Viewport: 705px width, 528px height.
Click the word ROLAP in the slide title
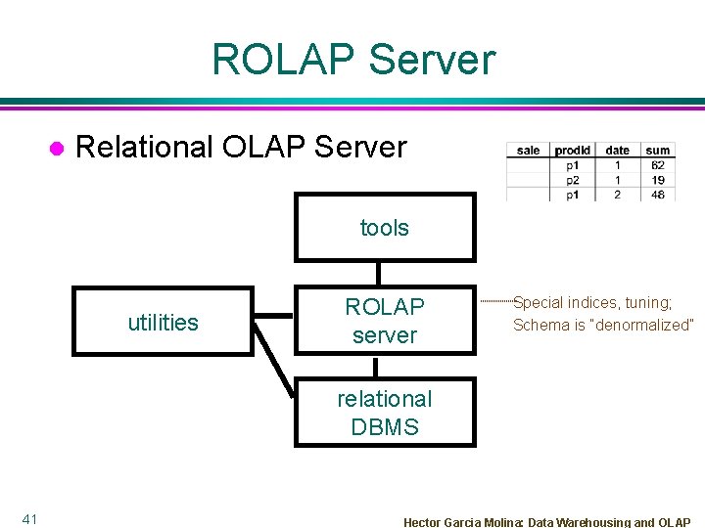point(281,60)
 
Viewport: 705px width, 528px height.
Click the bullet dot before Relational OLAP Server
point(57,148)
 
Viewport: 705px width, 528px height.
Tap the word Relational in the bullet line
point(144,147)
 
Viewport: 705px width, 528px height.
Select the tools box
point(384,228)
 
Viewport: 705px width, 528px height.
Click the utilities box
point(164,322)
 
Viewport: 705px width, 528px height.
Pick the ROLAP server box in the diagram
point(384,321)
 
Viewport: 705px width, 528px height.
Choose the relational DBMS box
point(384,413)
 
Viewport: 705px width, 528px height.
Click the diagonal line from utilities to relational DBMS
point(275,362)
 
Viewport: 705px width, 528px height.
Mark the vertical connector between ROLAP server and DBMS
point(377,368)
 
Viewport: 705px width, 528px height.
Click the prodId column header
point(573,150)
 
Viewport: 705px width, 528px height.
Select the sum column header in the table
point(658,150)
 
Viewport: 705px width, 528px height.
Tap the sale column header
point(529,150)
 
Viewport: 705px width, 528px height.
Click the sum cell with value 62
point(658,165)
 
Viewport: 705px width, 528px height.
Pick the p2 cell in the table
point(573,180)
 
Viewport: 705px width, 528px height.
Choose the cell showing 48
point(658,195)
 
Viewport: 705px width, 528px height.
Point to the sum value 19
point(658,180)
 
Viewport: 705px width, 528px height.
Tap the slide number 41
point(29,518)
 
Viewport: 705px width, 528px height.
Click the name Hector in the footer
point(423,522)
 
